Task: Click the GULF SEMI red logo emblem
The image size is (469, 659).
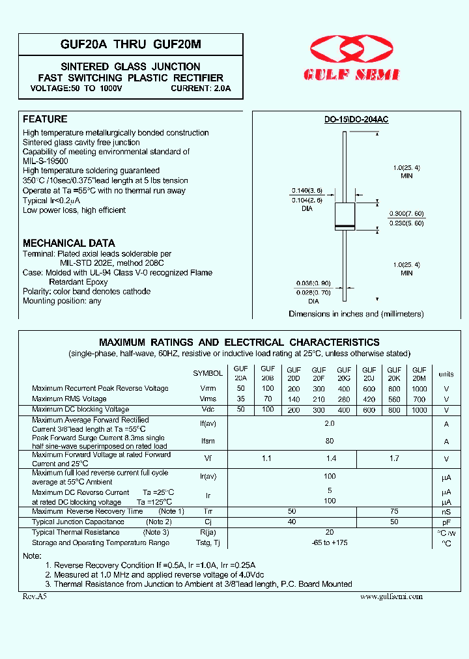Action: [x=351, y=50]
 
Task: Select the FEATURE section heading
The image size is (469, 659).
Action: [x=45, y=119]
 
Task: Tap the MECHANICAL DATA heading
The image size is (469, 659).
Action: [x=69, y=243]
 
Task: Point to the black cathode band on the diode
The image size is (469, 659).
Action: [x=344, y=226]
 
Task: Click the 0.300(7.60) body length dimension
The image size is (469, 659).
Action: [x=406, y=214]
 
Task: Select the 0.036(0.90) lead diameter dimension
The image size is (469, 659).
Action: [x=313, y=283]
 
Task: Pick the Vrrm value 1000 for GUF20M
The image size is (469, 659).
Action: [x=419, y=388]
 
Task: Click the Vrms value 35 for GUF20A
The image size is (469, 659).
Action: [x=241, y=399]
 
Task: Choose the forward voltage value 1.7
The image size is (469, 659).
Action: [x=395, y=458]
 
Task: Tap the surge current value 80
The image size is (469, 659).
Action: [x=330, y=441]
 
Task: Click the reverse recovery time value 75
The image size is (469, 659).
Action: [x=395, y=511]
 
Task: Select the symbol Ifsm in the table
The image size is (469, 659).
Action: [x=208, y=441]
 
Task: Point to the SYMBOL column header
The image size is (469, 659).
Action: [x=208, y=374]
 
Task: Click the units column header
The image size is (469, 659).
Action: [x=446, y=374]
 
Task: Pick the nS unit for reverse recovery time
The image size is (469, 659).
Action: [x=446, y=512]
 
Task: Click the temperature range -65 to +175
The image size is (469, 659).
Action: [x=330, y=542]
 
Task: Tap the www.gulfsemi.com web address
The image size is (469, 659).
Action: [x=391, y=596]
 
